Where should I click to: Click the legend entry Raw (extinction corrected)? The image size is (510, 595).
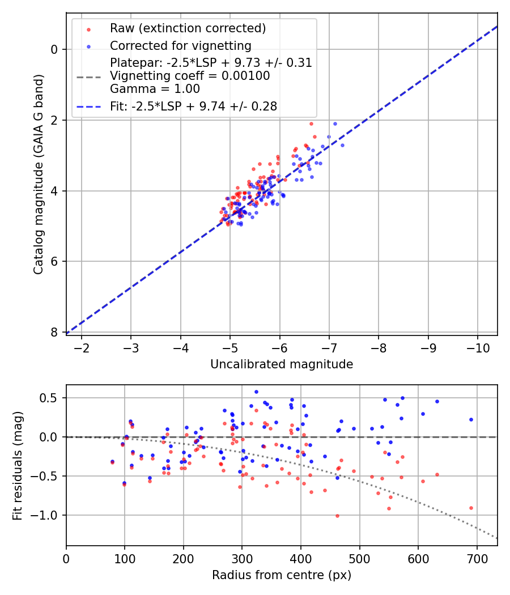(188, 28)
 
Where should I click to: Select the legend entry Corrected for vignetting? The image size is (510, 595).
(180, 45)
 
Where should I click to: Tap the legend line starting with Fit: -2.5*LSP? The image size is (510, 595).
(193, 106)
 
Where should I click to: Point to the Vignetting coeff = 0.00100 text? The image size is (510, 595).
(190, 75)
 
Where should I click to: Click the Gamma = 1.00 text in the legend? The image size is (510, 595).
(155, 88)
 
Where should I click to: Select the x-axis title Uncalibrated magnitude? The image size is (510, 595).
(282, 364)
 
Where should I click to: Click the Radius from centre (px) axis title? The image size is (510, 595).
(282, 575)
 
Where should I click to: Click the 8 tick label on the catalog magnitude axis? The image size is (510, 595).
(54, 332)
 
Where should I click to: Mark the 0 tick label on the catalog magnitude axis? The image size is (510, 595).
(54, 49)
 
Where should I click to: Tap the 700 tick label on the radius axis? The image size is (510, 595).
(477, 558)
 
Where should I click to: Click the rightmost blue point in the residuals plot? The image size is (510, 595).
(471, 420)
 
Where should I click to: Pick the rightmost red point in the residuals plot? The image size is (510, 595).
(471, 508)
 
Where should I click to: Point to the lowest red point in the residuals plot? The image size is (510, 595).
(337, 516)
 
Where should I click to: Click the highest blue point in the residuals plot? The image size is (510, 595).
(256, 392)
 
